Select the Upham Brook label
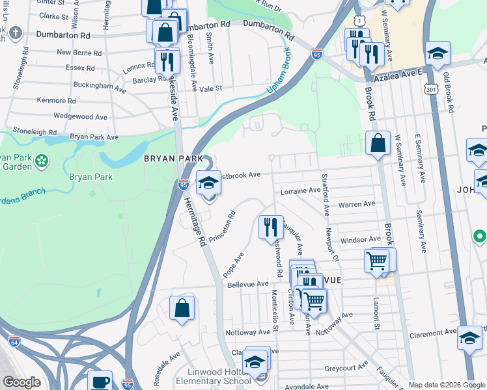coord(278,73)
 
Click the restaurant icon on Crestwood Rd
coord(270,227)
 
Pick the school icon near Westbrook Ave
coord(209,185)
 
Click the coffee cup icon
coord(100,382)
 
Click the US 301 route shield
coord(430,86)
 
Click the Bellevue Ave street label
coord(248,284)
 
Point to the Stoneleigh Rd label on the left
coord(34,131)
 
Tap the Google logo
coord(21,382)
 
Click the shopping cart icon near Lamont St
coord(377,261)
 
